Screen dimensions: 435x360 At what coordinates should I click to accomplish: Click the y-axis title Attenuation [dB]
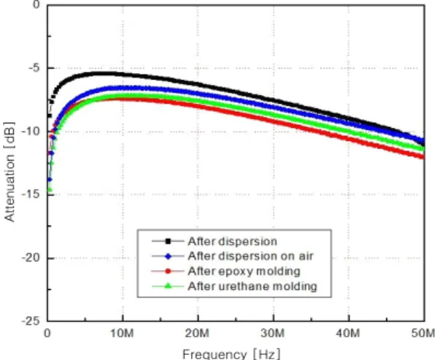click(9, 172)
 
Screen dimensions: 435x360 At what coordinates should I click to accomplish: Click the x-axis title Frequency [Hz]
click(231, 354)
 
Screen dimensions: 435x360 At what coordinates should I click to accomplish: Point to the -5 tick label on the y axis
click(35, 68)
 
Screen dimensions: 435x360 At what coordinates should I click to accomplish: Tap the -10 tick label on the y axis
click(31, 131)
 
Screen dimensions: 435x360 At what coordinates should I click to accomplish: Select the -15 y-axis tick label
click(31, 194)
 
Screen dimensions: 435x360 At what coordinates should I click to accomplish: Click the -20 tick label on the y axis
click(31, 258)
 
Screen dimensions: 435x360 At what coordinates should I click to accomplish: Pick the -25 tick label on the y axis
click(31, 321)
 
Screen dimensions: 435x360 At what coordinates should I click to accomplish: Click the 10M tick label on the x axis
click(123, 333)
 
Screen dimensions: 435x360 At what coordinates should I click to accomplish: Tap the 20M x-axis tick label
click(198, 333)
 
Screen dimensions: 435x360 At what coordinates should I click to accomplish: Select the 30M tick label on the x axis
click(273, 333)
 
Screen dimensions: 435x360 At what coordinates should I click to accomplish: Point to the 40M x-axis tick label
click(348, 333)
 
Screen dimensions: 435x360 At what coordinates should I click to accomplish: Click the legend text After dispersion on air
click(250, 256)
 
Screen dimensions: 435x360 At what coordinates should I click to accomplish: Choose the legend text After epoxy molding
click(244, 271)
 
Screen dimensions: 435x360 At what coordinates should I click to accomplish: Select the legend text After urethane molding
click(253, 286)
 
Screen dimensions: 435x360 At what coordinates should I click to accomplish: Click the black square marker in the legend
click(168, 241)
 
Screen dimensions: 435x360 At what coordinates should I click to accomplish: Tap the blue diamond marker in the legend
click(168, 256)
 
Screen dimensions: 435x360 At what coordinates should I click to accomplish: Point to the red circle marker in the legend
click(168, 271)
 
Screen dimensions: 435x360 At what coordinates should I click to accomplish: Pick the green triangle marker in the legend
click(168, 286)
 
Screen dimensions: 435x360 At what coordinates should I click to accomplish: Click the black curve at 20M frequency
click(198, 85)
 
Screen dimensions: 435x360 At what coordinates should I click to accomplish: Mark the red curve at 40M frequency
click(348, 139)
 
